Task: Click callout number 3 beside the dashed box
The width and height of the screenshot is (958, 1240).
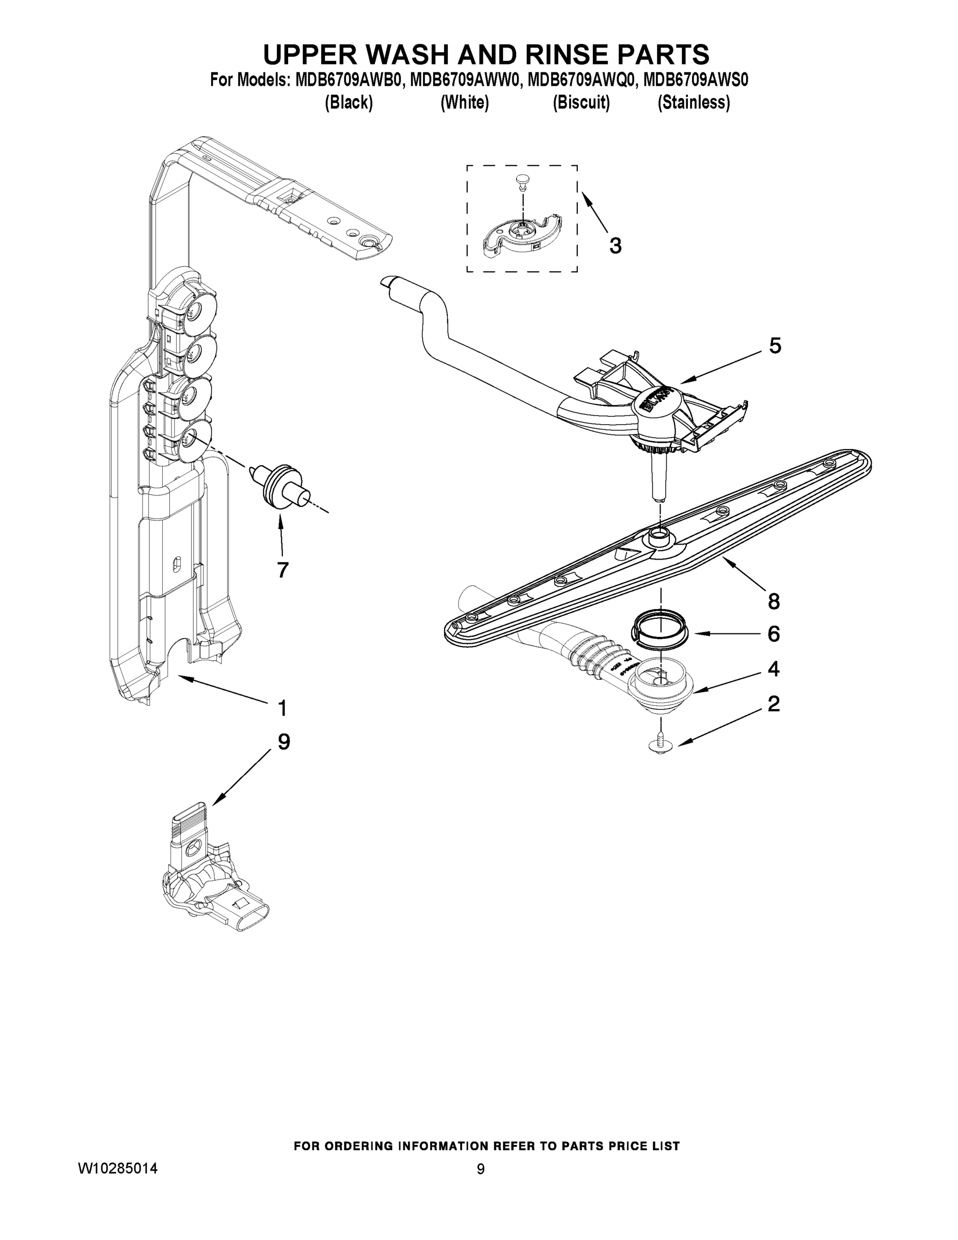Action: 615,246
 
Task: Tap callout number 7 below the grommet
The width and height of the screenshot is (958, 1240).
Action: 282,569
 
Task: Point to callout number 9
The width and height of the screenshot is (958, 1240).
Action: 284,741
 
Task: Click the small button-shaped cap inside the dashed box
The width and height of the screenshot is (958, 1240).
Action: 521,180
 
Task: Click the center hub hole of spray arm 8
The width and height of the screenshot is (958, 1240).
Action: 659,533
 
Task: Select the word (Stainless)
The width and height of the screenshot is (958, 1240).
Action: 693,103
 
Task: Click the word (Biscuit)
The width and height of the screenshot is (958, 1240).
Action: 581,103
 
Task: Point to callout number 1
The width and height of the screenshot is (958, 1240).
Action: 282,708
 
